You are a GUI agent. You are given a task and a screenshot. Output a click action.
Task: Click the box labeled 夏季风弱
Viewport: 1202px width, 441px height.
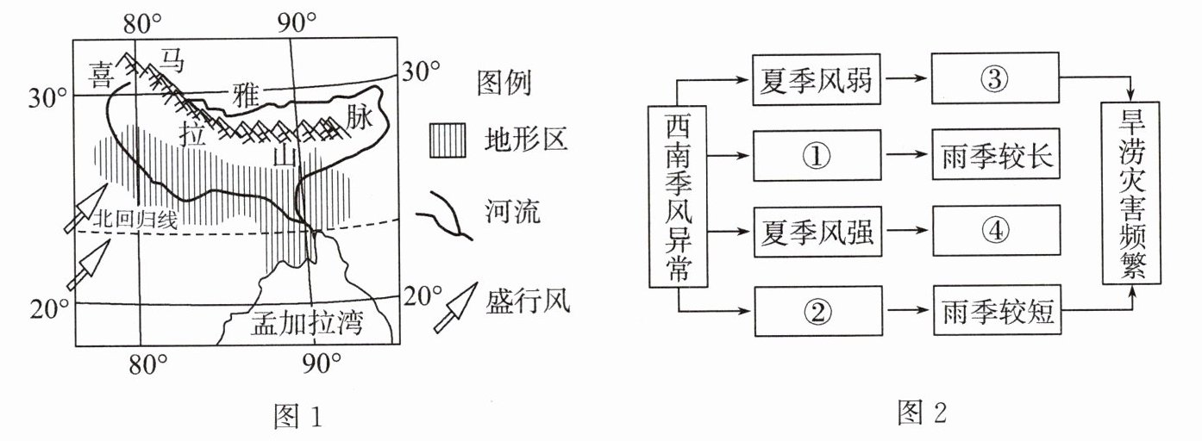[x=817, y=79]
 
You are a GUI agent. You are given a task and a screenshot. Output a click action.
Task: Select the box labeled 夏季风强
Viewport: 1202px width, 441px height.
[x=817, y=232]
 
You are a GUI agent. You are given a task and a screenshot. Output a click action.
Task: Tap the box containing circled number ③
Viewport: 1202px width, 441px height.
[x=995, y=78]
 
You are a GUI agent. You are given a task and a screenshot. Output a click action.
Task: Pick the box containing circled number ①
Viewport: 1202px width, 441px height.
[x=817, y=155]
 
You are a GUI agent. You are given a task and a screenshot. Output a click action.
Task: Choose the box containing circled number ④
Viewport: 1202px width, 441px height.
[x=997, y=231]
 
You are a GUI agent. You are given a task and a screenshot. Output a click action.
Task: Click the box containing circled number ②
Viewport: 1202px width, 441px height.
[x=818, y=311]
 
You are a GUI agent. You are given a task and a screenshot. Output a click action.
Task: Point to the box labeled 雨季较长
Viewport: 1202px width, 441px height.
[x=996, y=154]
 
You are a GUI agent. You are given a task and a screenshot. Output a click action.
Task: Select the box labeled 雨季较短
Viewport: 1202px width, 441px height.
[x=998, y=310]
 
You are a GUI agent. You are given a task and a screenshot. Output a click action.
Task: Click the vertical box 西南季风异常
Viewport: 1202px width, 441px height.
[x=678, y=196]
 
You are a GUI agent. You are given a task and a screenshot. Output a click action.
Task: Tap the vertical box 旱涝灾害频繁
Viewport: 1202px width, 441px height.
[x=1131, y=193]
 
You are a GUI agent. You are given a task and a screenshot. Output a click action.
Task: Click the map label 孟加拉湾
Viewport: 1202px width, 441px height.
[x=308, y=323]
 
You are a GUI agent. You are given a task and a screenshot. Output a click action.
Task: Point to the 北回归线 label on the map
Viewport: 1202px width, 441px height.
[x=135, y=219]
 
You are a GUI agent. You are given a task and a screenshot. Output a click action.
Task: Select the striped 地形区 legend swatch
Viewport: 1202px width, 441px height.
[x=448, y=140]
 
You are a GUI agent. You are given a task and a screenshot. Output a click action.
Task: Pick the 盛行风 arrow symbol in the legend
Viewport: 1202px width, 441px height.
[x=455, y=307]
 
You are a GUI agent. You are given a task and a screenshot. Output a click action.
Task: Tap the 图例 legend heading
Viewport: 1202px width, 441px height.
[x=504, y=83]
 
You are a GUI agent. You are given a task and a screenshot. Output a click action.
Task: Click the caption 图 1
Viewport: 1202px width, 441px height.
[x=298, y=416]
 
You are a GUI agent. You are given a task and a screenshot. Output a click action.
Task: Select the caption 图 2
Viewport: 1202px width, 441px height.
[x=922, y=413]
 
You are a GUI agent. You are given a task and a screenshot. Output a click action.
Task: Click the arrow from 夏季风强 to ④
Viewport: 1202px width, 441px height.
[x=907, y=231]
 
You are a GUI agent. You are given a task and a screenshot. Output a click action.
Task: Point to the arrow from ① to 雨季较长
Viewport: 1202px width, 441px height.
[x=907, y=155]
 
